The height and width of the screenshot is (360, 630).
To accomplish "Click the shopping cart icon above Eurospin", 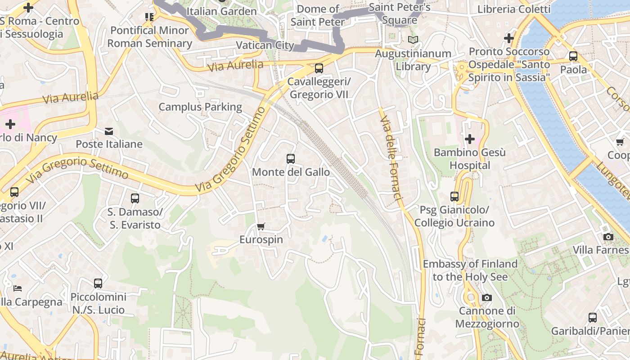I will pos(261,226).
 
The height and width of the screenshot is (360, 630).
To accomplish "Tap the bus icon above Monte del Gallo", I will pos(291,159).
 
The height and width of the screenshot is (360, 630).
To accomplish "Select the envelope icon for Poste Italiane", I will pos(109,131).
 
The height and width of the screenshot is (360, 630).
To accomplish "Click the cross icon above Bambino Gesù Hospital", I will pos(470,139).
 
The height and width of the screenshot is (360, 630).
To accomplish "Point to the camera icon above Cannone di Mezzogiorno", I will pos(486,297).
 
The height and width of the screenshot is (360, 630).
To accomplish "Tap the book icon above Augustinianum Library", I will pos(413,40).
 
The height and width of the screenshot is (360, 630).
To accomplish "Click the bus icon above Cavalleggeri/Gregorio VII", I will pos(319,68).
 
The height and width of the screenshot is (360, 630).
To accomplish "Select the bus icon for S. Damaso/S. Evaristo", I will pos(135,198).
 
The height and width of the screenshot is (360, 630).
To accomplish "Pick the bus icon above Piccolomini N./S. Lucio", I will pos(98,283).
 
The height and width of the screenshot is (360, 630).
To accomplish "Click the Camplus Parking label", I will pos(200,107).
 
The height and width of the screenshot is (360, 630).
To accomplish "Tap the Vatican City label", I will pos(265,45).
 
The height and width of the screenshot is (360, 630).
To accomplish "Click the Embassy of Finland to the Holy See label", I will pos(470,270).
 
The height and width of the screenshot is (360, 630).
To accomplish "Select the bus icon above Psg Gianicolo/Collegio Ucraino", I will pos(454,197).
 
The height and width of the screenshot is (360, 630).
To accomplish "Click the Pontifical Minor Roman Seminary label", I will pos(149,37).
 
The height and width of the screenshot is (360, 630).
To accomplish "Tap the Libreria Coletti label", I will pos(514,9).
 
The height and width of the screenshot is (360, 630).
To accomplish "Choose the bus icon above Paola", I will pos(573,56).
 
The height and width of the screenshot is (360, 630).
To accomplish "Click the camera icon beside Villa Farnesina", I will pos(608,237).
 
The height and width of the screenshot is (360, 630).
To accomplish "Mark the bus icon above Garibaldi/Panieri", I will pos(593,317).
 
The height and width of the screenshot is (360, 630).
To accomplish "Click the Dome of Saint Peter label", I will pos(318,15).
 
